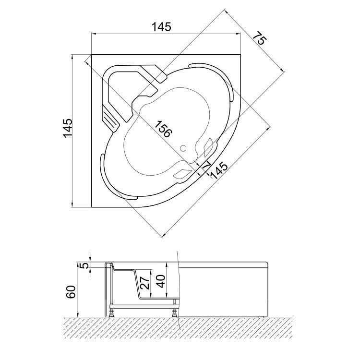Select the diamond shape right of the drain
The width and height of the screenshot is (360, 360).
209,146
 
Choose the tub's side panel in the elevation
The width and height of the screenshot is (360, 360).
226,290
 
